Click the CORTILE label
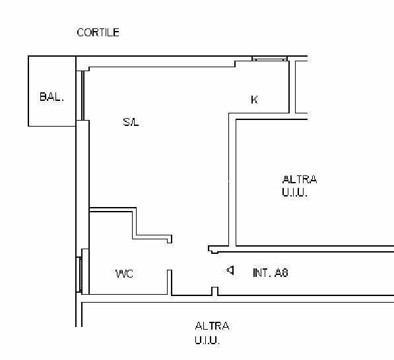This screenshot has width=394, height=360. click(x=98, y=32)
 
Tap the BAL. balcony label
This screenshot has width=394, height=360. click(x=51, y=97)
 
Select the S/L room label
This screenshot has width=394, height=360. click(x=131, y=122)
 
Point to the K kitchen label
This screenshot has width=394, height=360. click(x=254, y=100)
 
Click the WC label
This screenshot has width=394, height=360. click(x=124, y=274)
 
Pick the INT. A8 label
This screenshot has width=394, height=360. click(x=271, y=272)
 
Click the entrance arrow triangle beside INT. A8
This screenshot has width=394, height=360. click(x=230, y=270)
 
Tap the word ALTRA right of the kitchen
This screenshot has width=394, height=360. click(x=299, y=180)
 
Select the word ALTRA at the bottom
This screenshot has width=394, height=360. click(x=212, y=326)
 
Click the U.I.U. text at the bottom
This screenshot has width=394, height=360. click(x=207, y=340)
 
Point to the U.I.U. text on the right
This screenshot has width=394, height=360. click(x=294, y=193)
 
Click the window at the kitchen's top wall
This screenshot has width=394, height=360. click(x=269, y=59)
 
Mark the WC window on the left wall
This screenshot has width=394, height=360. click(x=79, y=275)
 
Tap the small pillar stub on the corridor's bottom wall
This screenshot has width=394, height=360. click(x=214, y=291)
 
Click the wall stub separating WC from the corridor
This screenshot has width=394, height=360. click(x=170, y=282)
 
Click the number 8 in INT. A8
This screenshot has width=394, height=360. click(x=285, y=272)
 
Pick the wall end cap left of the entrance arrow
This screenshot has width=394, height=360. click(x=213, y=249)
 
